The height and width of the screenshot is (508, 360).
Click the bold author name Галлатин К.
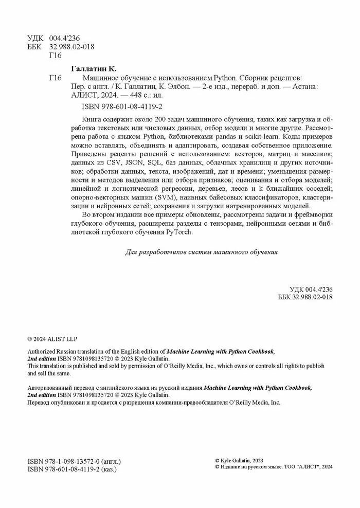(x=93, y=68)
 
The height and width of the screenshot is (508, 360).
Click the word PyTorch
(x=178, y=232)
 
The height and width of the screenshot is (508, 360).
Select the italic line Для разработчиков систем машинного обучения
(x=202, y=252)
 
